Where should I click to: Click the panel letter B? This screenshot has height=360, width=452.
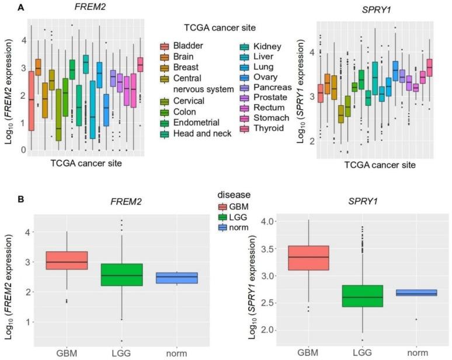tap(5, 199)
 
